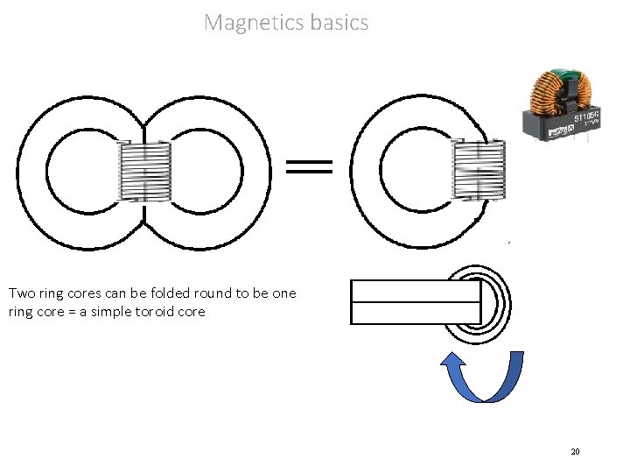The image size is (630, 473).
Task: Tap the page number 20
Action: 575,451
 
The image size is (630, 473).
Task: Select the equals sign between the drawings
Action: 310,166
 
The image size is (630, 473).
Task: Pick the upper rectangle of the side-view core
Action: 416,291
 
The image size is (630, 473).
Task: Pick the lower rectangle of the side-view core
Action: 416,313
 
